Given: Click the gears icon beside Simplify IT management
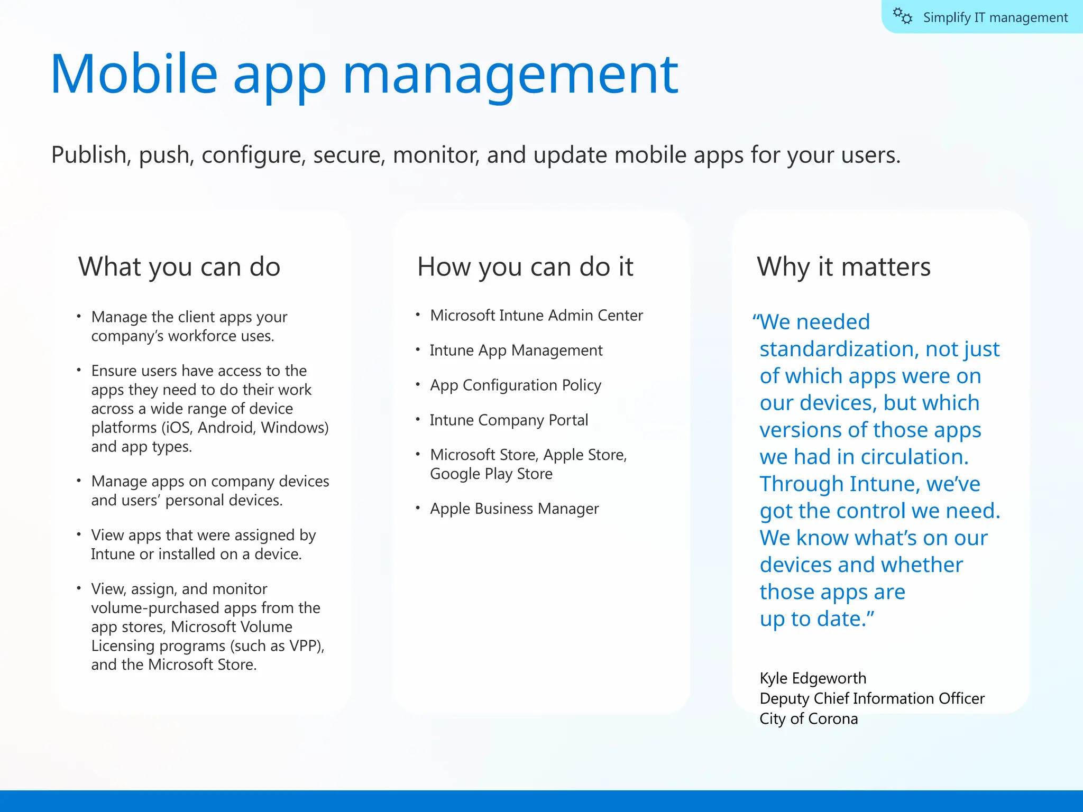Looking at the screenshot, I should (903, 16).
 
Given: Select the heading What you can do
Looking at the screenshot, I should (179, 266).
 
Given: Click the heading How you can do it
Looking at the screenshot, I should (525, 266).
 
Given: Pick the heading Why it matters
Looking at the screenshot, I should (843, 266).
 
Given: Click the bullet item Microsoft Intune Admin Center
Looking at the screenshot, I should (536, 316).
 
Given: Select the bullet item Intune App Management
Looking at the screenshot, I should (516, 350).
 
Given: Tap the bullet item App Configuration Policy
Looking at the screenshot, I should (516, 385).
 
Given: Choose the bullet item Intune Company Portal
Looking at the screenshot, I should (509, 420).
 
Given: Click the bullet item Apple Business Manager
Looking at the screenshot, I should (514, 509).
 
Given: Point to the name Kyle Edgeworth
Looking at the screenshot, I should (813, 678).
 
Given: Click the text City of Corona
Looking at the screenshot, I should (809, 719).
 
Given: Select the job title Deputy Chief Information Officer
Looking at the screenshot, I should (872, 698).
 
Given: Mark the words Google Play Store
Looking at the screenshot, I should (491, 474).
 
